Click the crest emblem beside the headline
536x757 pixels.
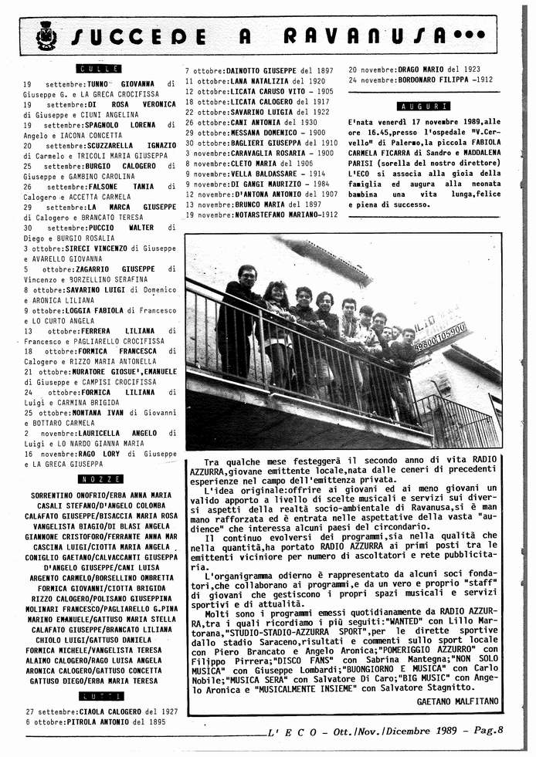(46, 35)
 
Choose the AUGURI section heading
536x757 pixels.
(422, 106)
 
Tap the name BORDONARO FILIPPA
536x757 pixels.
(433, 79)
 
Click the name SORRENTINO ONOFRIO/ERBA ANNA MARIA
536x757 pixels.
(101, 495)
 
